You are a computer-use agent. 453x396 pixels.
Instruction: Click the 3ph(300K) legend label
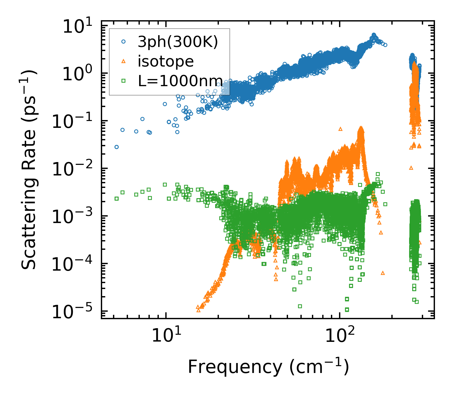(178, 42)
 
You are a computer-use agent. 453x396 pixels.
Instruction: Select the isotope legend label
(166, 61)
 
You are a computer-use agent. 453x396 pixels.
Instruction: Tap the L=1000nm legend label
(180, 81)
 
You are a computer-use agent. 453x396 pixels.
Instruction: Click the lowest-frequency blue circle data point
(116, 147)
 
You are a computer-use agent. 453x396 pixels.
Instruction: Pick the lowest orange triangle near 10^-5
(198, 310)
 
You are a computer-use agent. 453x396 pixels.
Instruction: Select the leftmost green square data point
(116, 198)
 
